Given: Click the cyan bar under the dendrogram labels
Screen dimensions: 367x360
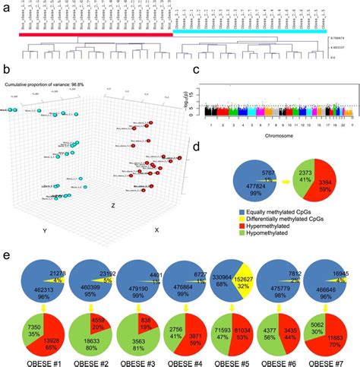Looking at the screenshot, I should [x=251, y=33].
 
